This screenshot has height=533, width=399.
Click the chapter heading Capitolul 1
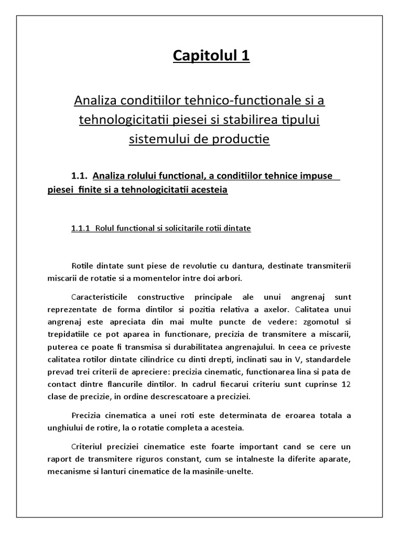[x=211, y=56]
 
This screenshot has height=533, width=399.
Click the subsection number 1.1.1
[x=81, y=228]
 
